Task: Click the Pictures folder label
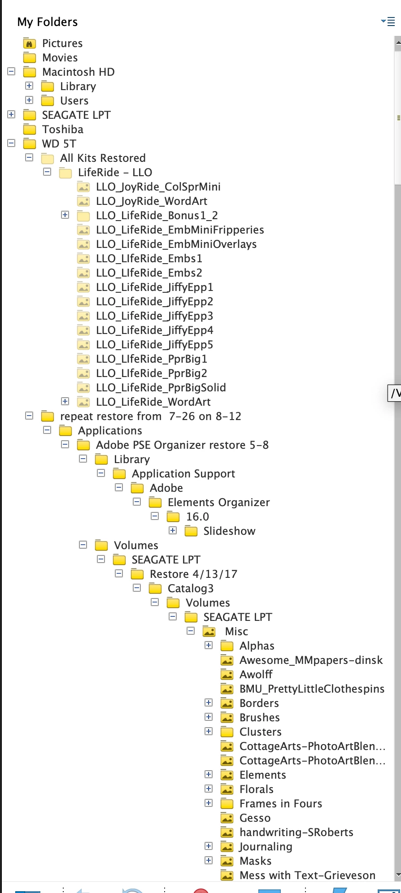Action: [x=62, y=43]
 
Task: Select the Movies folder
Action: [x=60, y=58]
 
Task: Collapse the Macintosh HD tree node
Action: [x=12, y=71]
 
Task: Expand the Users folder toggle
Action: [x=30, y=100]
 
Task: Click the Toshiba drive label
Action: [x=63, y=130]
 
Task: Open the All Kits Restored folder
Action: [x=103, y=158]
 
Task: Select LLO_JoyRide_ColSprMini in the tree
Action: [x=158, y=187]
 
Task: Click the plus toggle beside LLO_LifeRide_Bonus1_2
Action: [x=65, y=215]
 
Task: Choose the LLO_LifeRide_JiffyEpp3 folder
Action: [x=155, y=316]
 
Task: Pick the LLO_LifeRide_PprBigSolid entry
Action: [x=161, y=388]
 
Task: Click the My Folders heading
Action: [x=48, y=22]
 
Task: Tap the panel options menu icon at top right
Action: [x=388, y=21]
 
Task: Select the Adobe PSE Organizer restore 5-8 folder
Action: [x=182, y=445]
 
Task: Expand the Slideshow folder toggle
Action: [x=173, y=530]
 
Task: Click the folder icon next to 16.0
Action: [x=173, y=517]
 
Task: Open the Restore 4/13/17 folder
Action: [x=193, y=574]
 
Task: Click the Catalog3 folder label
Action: [x=191, y=589]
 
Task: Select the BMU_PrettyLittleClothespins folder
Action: [x=312, y=689]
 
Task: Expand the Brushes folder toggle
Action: [x=209, y=717]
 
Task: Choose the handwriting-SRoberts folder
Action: [x=296, y=832]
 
